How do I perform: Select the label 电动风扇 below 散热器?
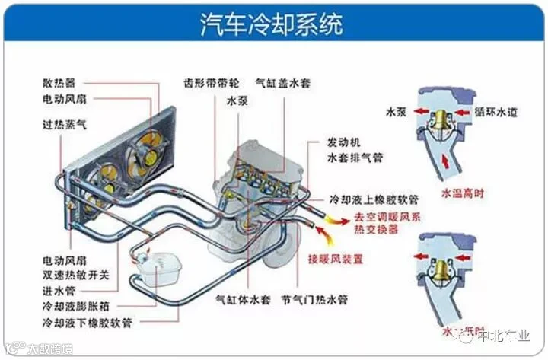64,100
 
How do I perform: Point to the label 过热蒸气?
65,122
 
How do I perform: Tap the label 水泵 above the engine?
237,100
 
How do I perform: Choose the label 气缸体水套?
243,299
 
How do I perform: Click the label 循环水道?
495,112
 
